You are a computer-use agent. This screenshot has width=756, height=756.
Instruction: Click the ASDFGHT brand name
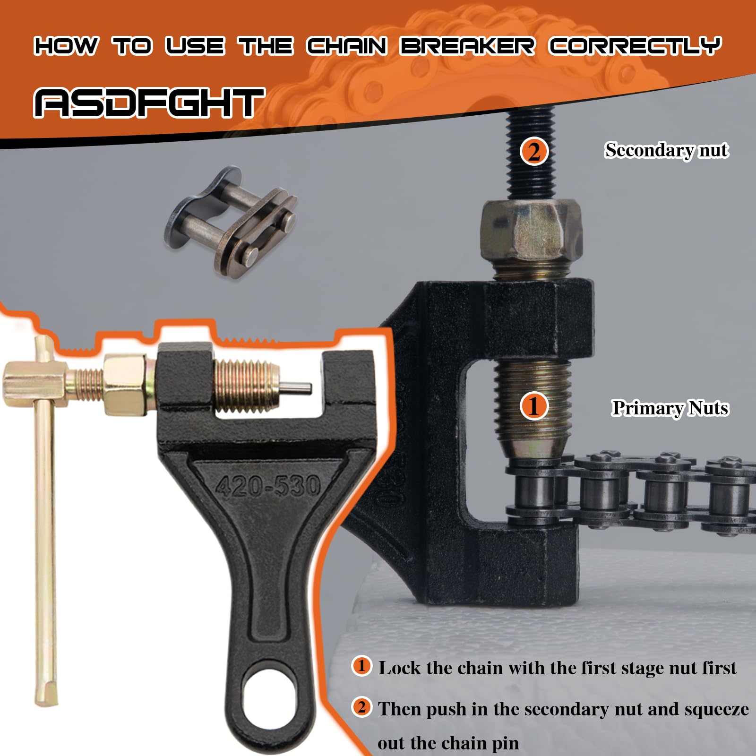pyautogui.click(x=149, y=103)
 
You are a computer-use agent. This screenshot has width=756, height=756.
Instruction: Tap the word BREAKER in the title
pyautogui.click(x=468, y=46)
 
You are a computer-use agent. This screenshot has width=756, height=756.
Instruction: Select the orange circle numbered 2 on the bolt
pyautogui.click(x=534, y=152)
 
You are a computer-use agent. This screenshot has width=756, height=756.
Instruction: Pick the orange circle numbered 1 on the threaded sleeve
pyautogui.click(x=534, y=406)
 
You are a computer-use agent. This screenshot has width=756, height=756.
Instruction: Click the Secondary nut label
pyautogui.click(x=667, y=150)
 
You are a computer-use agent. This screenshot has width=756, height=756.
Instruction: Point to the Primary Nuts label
pyautogui.click(x=670, y=408)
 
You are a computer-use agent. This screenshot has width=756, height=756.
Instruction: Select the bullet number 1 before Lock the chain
pyautogui.click(x=362, y=666)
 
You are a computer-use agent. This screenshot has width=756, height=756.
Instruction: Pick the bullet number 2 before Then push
pyautogui.click(x=362, y=707)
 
